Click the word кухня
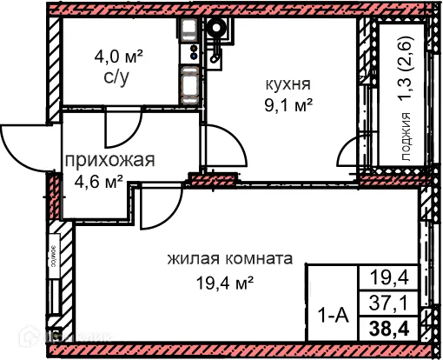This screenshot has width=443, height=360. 288,85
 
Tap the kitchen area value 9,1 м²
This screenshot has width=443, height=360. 289,106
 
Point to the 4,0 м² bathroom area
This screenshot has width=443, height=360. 119,57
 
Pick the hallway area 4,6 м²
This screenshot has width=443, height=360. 96,181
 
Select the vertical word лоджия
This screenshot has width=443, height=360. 406,140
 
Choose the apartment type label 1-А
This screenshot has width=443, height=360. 333,317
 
